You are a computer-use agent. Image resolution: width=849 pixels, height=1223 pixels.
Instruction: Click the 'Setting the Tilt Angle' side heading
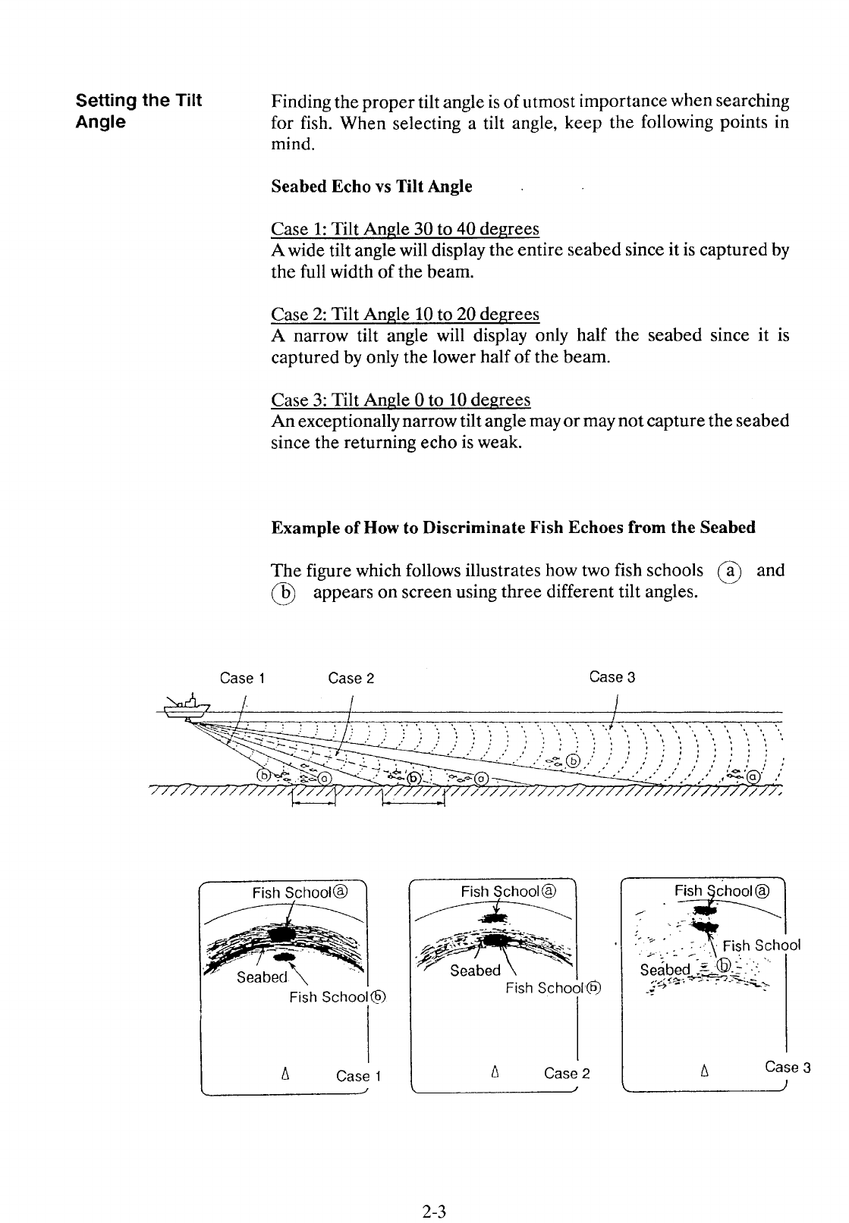tap(139, 111)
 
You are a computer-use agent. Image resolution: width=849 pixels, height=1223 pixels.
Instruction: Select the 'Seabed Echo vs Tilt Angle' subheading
tap(372, 187)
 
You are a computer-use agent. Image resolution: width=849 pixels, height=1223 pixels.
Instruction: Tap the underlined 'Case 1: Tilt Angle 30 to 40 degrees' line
tap(405, 229)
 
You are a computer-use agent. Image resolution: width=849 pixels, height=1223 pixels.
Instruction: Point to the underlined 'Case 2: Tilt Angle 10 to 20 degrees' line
tap(405, 314)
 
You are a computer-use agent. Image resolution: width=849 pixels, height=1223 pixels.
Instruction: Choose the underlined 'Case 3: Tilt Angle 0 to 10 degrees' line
tap(401, 400)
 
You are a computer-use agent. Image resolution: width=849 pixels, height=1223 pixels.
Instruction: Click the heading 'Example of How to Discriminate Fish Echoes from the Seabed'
tap(513, 527)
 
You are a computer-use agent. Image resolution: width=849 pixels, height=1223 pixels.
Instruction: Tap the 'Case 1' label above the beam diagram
tap(241, 678)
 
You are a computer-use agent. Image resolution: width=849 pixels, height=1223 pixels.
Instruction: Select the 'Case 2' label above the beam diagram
tap(351, 678)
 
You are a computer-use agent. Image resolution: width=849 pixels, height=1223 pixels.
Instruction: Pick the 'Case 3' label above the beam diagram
tap(612, 677)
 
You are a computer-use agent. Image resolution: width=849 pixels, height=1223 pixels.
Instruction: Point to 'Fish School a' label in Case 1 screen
tap(300, 892)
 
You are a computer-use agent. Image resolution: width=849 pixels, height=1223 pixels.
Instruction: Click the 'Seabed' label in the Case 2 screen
tap(475, 971)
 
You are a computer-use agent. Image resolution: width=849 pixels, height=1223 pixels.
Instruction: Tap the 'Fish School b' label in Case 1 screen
tap(338, 997)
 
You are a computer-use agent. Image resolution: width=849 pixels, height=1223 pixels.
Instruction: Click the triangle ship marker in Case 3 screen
tap(705, 1072)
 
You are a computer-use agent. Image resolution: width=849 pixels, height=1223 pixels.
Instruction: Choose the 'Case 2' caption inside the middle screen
tap(567, 1073)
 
